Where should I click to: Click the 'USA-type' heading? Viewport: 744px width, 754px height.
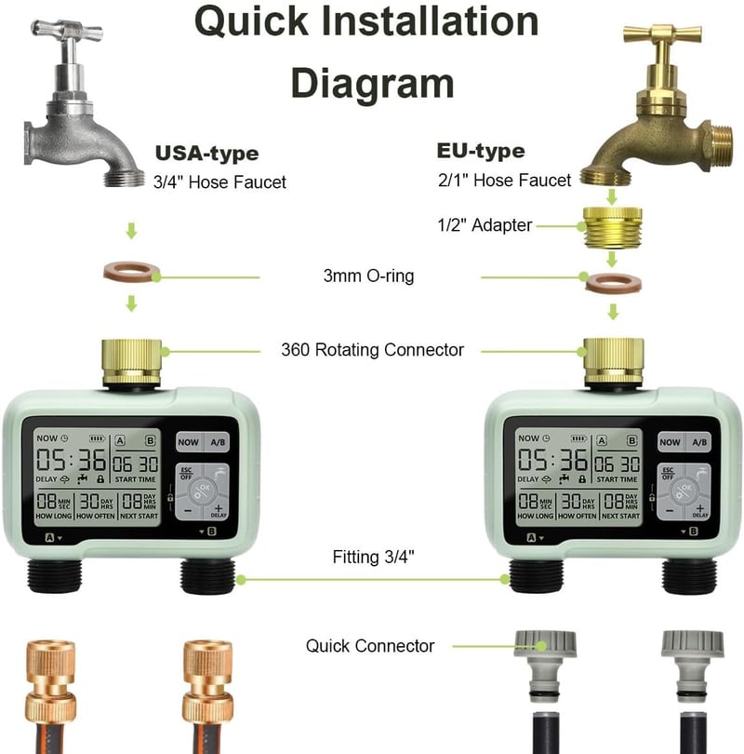(207, 154)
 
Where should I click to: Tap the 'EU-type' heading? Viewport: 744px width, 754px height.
(481, 151)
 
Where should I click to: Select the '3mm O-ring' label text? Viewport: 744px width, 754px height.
(368, 276)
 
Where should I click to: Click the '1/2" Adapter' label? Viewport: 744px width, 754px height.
(485, 224)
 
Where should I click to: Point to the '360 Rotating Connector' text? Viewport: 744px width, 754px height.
(372, 350)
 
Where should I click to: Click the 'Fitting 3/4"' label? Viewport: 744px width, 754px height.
(373, 557)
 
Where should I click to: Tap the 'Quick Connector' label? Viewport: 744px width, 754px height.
(370, 646)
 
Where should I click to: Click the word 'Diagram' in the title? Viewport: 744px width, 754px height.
(372, 83)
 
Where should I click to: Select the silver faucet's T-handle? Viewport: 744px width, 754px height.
(67, 31)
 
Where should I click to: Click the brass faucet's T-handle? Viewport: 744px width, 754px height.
(662, 34)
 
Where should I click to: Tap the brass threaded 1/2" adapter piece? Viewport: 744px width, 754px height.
(612, 227)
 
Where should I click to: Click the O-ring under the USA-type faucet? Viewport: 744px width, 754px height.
(131, 272)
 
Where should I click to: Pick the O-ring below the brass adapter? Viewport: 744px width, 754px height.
(614, 283)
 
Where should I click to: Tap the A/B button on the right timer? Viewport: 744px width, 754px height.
(699, 442)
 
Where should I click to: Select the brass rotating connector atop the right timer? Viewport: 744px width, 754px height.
(614, 362)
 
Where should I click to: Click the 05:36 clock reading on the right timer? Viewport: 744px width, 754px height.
(552, 460)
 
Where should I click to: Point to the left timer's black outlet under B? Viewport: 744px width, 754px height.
(207, 576)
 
